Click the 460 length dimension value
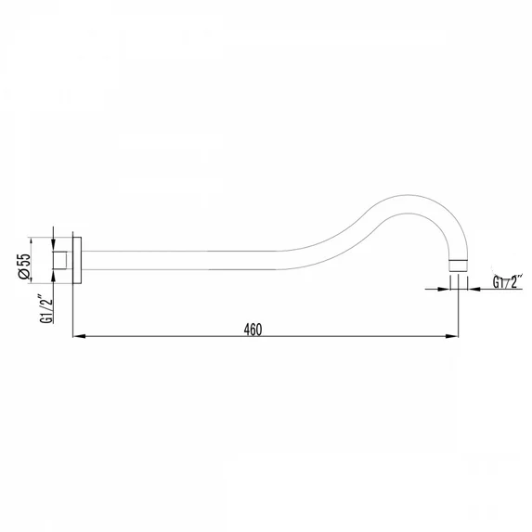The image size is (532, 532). pos(253,330)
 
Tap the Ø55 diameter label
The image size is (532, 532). pos(25,266)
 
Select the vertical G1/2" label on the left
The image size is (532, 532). pos(46,309)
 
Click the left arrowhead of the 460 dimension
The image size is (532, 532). pos(79,336)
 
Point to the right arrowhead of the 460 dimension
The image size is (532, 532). pos(452,336)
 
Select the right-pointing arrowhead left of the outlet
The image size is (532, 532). pos(444,289)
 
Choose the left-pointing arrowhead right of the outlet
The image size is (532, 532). pos(474,289)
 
